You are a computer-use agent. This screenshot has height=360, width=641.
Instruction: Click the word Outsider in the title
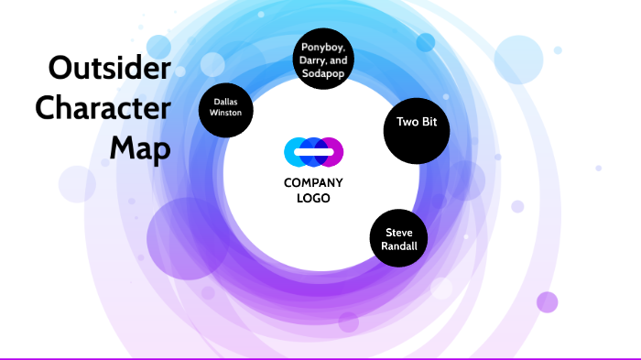point(109,69)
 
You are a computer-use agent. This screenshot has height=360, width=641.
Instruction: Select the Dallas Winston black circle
point(226,109)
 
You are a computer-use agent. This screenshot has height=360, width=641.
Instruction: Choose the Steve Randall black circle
point(399,239)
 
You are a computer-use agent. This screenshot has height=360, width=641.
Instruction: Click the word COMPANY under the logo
point(313,182)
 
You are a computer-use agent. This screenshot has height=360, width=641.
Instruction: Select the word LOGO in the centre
point(313,197)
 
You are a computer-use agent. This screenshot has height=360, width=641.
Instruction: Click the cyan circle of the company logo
point(295,151)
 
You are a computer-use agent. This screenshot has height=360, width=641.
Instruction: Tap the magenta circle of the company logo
point(332,151)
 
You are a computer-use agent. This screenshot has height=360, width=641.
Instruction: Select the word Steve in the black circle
point(399,233)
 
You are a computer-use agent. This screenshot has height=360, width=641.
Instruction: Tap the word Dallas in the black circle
point(226,102)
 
